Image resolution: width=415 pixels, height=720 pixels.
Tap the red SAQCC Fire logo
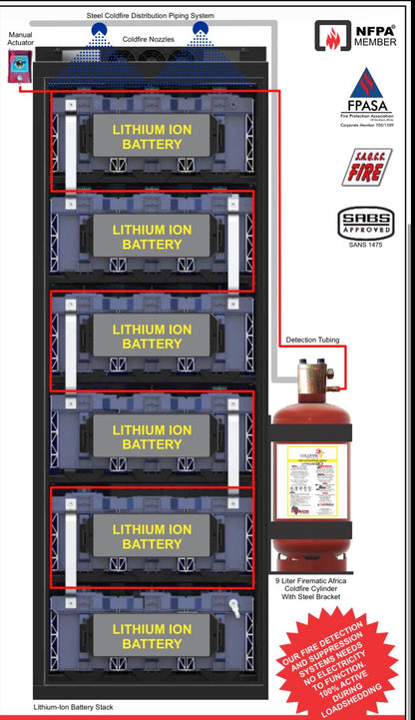pyautogui.click(x=366, y=167)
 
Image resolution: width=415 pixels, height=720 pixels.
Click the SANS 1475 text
pyautogui.click(x=365, y=244)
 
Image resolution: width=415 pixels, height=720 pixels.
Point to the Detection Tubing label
pyautogui.click(x=312, y=340)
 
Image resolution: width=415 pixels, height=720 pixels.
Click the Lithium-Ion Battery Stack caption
pyautogui.click(x=74, y=707)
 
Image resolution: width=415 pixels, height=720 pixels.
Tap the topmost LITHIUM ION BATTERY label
pyautogui.click(x=147, y=137)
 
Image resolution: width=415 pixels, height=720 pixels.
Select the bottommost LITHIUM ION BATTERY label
pyautogui.click(x=147, y=636)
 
